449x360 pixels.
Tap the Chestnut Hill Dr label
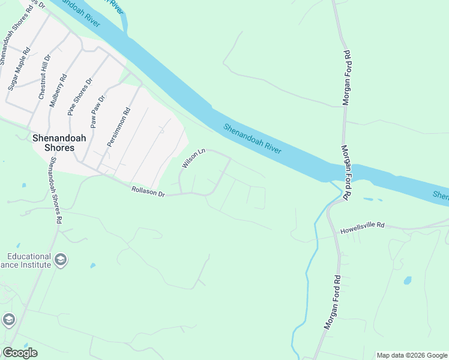coord(43,82)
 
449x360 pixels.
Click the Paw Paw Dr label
coord(98,112)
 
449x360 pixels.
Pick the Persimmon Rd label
coord(118,127)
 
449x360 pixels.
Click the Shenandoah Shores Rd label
coord(55,190)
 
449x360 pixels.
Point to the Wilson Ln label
coord(194,158)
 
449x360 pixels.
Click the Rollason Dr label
coord(148,192)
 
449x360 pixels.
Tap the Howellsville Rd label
coord(361,229)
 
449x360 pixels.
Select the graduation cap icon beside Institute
coord(60,260)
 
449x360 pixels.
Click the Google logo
coord(20,353)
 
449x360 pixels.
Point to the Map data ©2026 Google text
coord(411,355)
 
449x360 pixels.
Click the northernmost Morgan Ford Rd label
coord(346,78)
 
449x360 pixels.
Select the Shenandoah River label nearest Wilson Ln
coord(253,138)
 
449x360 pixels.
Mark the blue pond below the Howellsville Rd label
coord(408,280)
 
